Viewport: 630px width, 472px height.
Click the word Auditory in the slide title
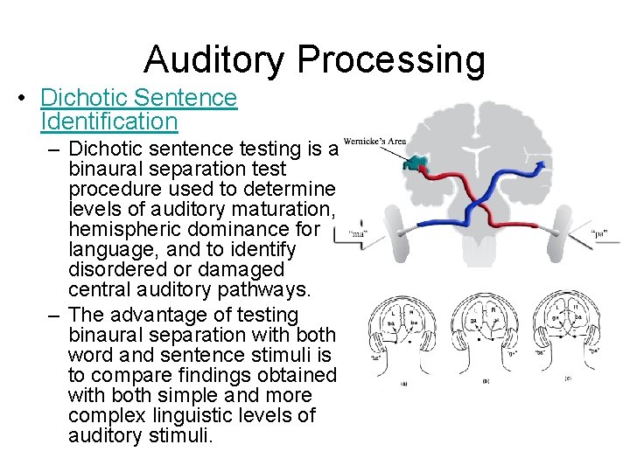(x=215, y=59)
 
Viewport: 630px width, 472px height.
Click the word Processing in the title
(x=391, y=59)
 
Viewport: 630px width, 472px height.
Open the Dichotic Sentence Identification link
(x=138, y=108)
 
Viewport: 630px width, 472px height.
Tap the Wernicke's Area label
(x=374, y=142)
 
